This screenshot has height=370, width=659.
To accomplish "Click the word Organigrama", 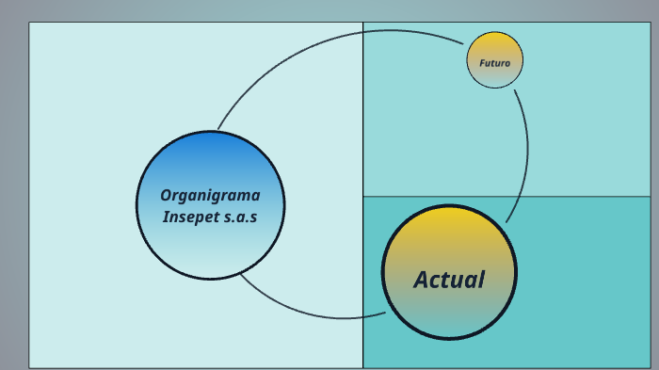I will (x=210, y=196).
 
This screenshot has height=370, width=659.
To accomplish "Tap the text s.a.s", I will (x=241, y=217).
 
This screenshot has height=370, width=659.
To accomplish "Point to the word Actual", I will (x=449, y=280).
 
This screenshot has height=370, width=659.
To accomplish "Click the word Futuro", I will (x=494, y=63).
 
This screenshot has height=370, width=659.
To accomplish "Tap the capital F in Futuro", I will (x=482, y=63).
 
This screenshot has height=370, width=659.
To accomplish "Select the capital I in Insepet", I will (x=166, y=217).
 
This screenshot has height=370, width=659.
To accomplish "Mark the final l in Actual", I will (x=481, y=280).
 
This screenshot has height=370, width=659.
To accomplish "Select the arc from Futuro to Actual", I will (x=526, y=151).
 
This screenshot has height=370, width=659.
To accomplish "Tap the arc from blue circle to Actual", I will (x=311, y=314).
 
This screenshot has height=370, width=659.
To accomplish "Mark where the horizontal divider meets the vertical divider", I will (x=362, y=197).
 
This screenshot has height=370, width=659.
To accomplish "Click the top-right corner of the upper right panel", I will (x=650, y=23).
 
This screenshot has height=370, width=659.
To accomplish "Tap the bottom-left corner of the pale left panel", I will (x=29, y=367).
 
